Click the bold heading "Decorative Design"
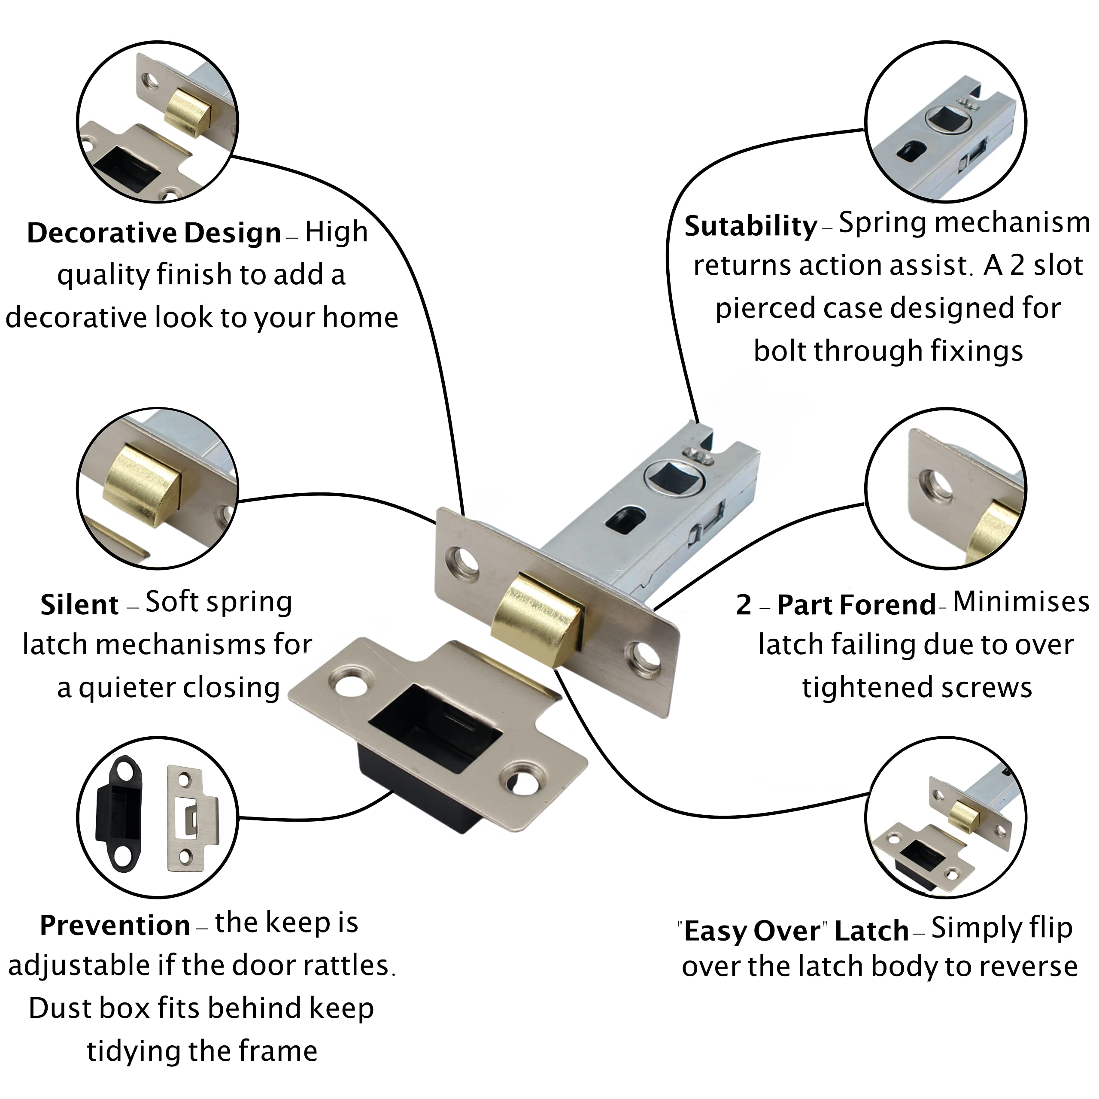point(154,233)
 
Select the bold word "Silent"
point(79,605)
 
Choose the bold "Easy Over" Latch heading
point(792,931)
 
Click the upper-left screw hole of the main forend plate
point(465,560)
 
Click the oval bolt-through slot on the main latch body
point(628,518)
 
